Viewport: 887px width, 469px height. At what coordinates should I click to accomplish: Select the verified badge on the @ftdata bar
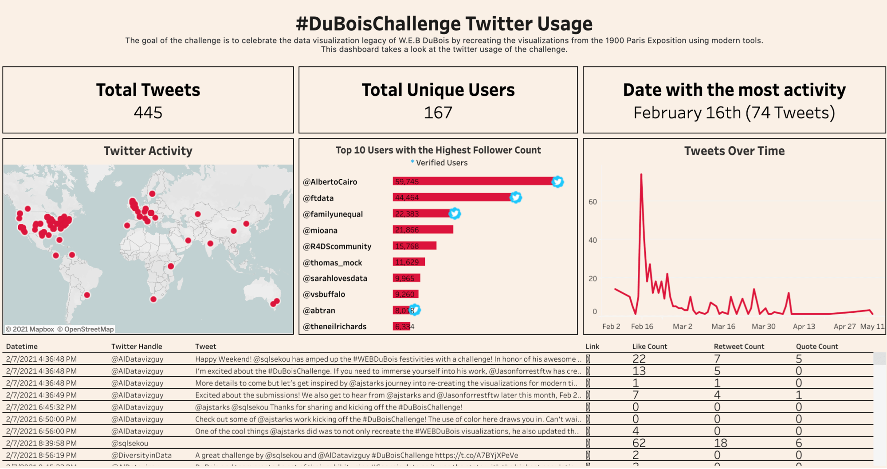515,197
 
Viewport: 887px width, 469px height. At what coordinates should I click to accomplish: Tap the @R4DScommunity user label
337,246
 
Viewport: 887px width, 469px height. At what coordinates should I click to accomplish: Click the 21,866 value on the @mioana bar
407,230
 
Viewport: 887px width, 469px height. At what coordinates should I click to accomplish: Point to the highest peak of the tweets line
641,174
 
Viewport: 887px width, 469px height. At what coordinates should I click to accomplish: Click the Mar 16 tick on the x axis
723,327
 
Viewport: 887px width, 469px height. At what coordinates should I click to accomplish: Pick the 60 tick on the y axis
593,202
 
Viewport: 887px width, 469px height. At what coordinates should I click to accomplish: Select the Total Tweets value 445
148,113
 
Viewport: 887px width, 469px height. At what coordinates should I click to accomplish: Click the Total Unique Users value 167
438,113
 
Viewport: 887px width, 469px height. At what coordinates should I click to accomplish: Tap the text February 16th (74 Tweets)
734,113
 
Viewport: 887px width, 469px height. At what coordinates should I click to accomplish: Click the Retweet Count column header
739,347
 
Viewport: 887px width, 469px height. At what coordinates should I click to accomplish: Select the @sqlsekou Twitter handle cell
130,443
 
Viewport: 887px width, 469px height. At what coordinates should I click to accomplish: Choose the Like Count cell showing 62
639,443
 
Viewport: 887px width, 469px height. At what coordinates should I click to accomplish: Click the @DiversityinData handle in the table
141,455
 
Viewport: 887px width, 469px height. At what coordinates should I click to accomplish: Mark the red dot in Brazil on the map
87,295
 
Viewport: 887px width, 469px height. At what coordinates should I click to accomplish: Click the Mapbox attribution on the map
30,329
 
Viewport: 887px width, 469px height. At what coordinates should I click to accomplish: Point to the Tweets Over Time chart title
734,151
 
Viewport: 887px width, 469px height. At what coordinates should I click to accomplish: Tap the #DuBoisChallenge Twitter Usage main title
444,24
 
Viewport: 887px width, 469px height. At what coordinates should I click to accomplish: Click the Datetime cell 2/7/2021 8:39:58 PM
41,443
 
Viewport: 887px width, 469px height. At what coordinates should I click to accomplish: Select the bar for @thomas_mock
409,262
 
